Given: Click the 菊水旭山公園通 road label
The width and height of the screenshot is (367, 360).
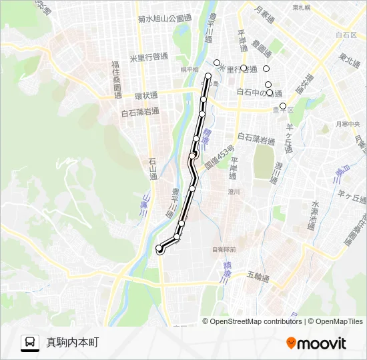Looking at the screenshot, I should coord(164,19).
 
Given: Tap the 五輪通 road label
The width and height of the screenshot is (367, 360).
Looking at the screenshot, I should coord(257,277).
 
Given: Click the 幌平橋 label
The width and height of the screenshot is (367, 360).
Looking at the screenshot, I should coord(190,69).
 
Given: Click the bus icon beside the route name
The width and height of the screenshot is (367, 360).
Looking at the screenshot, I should coord(30,343).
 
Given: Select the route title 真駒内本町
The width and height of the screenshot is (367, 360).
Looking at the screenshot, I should coord(73,343).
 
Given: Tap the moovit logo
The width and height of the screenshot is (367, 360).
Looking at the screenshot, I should coord(316,343).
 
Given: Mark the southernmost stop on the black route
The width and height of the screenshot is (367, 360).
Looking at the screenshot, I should coord(159,249).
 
